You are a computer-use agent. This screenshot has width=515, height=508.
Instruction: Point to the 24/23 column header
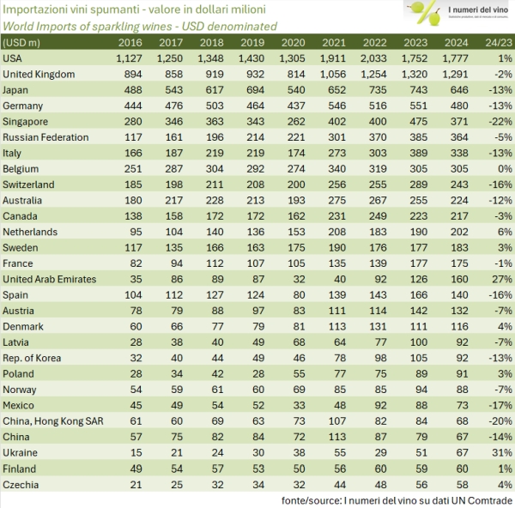tap(494, 41)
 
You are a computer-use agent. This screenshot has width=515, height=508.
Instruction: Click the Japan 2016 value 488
tap(130, 89)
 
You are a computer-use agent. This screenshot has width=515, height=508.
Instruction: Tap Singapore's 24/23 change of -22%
tap(494, 121)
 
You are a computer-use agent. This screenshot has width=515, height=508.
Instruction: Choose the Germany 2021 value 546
tap(335, 105)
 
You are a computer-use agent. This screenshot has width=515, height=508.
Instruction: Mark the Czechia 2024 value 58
tap(456, 484)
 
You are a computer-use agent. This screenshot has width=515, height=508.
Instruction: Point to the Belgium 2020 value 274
tap(292, 168)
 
